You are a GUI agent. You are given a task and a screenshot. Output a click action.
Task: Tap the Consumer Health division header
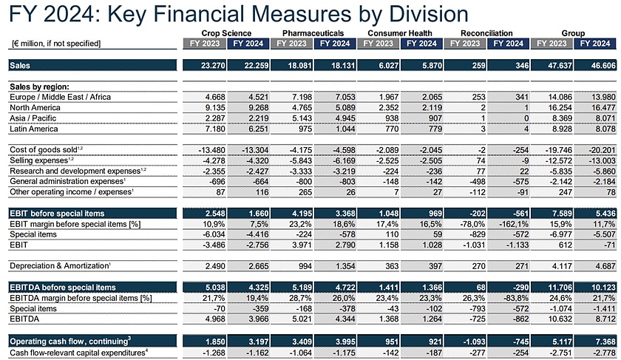click(x=398, y=33)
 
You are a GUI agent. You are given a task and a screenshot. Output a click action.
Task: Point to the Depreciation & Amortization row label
click(x=61, y=264)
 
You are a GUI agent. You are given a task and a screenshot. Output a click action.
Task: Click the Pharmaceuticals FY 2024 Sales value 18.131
click(x=338, y=66)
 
